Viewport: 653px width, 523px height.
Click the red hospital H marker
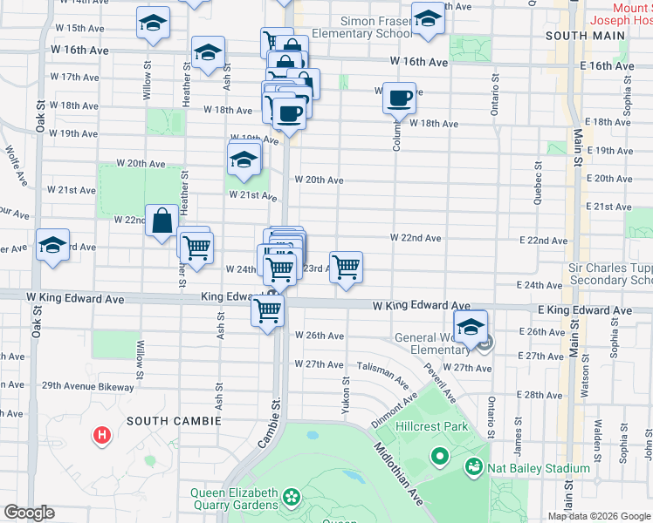coord(103,434)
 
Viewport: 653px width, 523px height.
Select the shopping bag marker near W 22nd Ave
coord(162,222)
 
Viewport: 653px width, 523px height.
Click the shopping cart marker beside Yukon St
coord(347,268)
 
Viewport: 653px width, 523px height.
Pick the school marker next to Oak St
coord(52,247)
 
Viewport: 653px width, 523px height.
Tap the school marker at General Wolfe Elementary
coord(470,328)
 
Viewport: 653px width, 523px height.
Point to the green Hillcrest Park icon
coord(439,456)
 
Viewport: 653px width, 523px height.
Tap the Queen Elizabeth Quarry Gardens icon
coord(290,499)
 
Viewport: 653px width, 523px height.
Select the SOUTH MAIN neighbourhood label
coord(584,36)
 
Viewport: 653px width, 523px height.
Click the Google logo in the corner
coord(29,513)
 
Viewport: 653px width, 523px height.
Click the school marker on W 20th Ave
coord(244,160)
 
